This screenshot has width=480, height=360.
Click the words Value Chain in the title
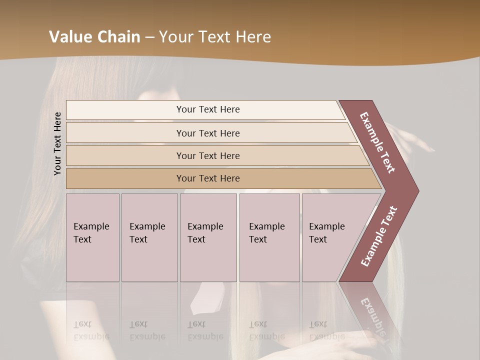tap(94, 37)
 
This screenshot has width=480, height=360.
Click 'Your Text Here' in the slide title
tap(215, 37)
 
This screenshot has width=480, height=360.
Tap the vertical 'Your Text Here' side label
tap(58, 143)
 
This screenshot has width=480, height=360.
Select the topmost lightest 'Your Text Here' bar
tap(208, 109)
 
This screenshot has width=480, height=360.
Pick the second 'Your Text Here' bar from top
tap(208, 133)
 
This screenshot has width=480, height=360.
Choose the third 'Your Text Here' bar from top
tap(208, 155)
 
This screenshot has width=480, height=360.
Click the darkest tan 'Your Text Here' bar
tap(208, 178)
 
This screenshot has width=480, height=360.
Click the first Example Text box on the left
tap(92, 237)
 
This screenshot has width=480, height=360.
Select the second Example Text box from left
tap(149, 237)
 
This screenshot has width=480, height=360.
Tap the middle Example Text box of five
tap(208, 237)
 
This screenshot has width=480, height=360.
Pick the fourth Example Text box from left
tap(269, 237)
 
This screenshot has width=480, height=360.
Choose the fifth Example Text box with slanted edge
tap(330, 237)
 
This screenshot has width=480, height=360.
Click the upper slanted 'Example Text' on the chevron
tap(377, 143)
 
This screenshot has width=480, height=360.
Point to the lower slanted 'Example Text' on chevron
tap(379, 236)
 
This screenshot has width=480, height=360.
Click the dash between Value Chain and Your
tap(149, 37)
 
